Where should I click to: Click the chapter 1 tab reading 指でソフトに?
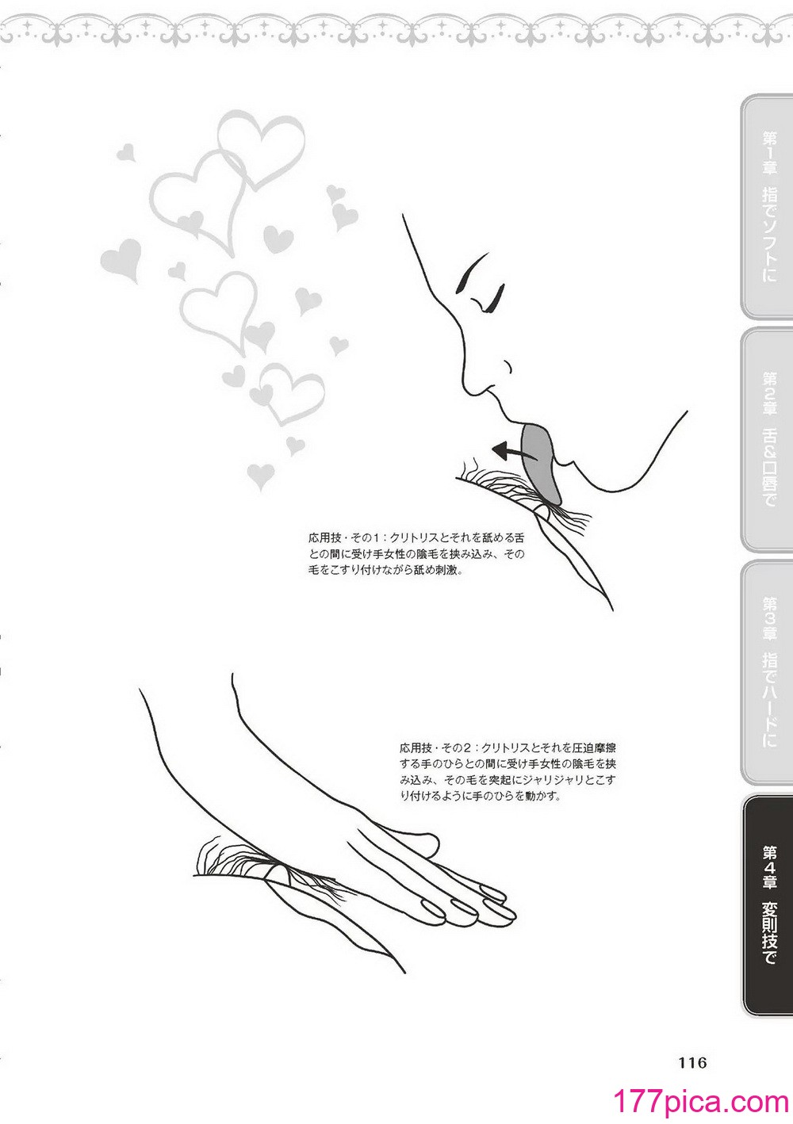(x=767, y=207)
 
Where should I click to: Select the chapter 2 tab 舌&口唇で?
(x=767, y=438)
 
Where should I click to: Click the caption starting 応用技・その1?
(x=416, y=554)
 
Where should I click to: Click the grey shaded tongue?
(x=539, y=461)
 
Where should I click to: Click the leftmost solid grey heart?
(x=121, y=258)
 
